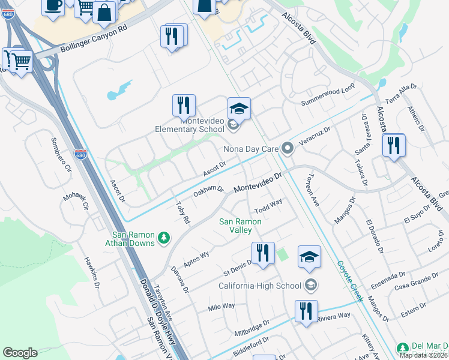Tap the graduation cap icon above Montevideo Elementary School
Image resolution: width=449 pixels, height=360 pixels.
coord(239,109)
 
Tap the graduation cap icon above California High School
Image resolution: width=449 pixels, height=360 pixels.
coord(309,257)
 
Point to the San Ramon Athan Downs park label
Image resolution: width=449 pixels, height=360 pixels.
coord(134,239)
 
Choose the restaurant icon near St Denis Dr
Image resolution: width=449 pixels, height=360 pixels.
coord(262,253)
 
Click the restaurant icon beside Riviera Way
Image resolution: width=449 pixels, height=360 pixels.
coord(306,311)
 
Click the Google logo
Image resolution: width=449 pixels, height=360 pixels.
coord(20,353)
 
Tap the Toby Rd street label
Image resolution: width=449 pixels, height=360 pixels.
coord(182,211)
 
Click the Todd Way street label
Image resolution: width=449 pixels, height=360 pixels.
coord(268,206)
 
